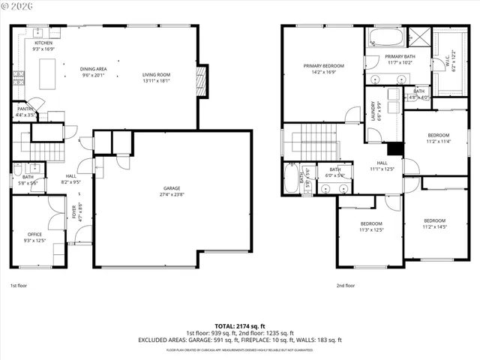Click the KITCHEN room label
(44, 43)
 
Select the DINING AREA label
(94, 69)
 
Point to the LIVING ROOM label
(157, 75)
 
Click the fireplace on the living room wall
(200, 77)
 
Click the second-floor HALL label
(382, 163)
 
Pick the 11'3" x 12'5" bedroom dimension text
(371, 230)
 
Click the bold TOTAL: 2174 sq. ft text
(240, 325)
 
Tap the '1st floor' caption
(19, 286)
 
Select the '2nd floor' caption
(346, 286)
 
